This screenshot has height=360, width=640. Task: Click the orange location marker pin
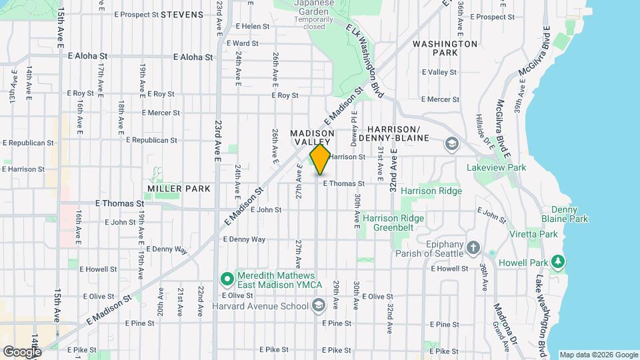[x=320, y=160]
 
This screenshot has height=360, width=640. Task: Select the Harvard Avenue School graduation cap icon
[x=319, y=305]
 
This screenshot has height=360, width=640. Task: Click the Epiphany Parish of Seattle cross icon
[x=473, y=248]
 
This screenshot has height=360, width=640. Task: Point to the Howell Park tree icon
[x=559, y=260]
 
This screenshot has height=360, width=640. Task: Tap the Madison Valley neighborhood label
[x=312, y=138]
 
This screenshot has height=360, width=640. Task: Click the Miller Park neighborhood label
[x=179, y=189]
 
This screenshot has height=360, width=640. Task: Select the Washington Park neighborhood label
[x=445, y=48]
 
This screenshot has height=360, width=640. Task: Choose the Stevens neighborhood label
[x=182, y=14]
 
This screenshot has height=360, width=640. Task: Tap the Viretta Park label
[x=539, y=234]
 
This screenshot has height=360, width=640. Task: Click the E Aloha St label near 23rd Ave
[x=192, y=57]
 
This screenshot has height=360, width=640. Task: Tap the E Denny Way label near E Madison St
[x=244, y=239]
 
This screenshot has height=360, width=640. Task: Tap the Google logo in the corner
[x=22, y=351]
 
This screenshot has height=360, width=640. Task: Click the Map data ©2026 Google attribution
[x=599, y=355]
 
